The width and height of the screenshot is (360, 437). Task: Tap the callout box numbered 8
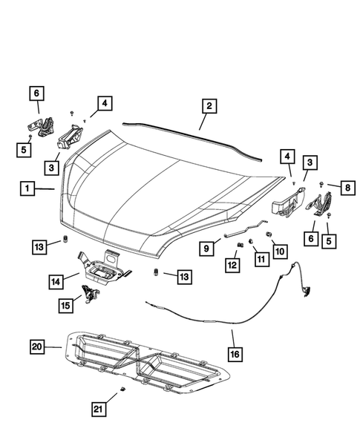coord(347,188)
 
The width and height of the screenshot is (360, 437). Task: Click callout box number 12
coord(232,264)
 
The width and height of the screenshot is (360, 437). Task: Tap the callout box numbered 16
coord(235,355)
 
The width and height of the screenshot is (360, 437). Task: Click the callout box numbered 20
coord(38,346)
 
